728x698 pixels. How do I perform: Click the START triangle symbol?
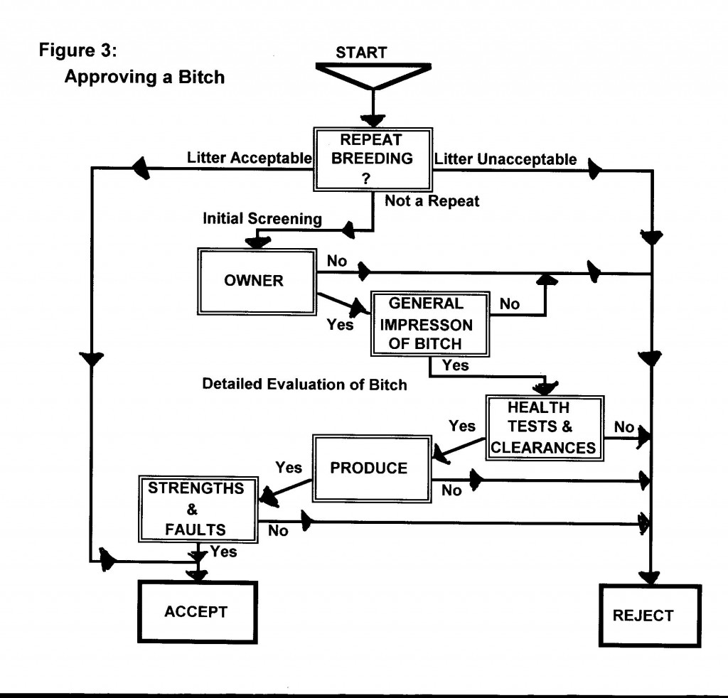[373, 74]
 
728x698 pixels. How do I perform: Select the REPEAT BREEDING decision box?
[373, 159]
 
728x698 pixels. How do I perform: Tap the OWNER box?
[254, 281]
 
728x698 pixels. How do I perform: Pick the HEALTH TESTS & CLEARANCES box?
[544, 427]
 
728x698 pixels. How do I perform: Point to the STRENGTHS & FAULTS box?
[197, 509]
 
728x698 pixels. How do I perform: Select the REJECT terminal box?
[642, 616]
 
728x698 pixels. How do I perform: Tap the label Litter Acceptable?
[249, 158]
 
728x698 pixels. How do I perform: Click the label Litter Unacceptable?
[505, 159]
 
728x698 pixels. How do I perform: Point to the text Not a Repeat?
[432, 201]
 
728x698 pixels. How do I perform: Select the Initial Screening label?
[262, 220]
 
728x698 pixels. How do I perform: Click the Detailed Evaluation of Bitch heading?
[304, 385]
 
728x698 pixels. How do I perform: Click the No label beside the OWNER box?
[337, 261]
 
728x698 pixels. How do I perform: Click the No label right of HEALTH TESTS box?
[624, 427]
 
